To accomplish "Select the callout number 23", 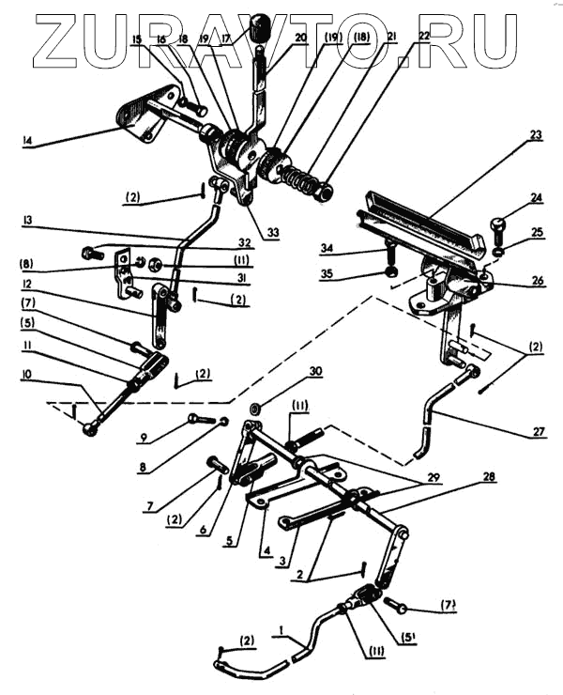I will point(535,134).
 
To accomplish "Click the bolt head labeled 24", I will point(499,227).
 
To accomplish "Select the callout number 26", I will point(536,279).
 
